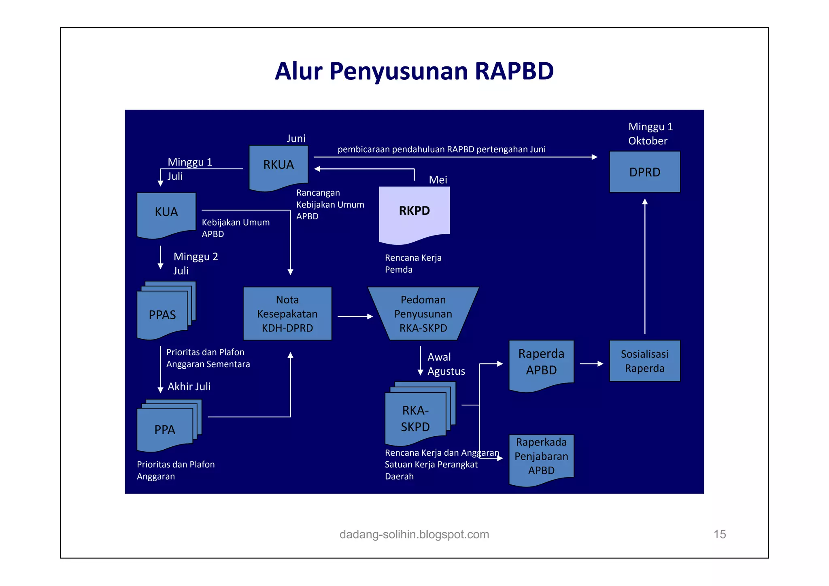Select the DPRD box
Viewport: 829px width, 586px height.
(644, 172)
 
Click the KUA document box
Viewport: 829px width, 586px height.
(166, 212)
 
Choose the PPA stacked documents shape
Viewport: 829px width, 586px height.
(165, 429)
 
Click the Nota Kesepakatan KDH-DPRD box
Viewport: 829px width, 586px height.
(287, 314)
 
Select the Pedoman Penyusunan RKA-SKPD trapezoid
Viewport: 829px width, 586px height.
(423, 314)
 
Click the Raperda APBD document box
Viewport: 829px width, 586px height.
(541, 362)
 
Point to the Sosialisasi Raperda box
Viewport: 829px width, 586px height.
(644, 361)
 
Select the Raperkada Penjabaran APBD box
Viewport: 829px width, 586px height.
(541, 456)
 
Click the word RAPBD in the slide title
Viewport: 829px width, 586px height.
(514, 71)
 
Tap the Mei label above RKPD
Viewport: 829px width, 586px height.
(438, 180)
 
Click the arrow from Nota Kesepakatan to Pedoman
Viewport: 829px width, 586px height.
(355, 316)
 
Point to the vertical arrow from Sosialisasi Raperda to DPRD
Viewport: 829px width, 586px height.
(645, 267)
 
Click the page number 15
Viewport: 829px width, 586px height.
(719, 534)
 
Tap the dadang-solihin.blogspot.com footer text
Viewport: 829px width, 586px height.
(414, 534)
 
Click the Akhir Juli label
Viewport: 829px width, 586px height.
(189, 386)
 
